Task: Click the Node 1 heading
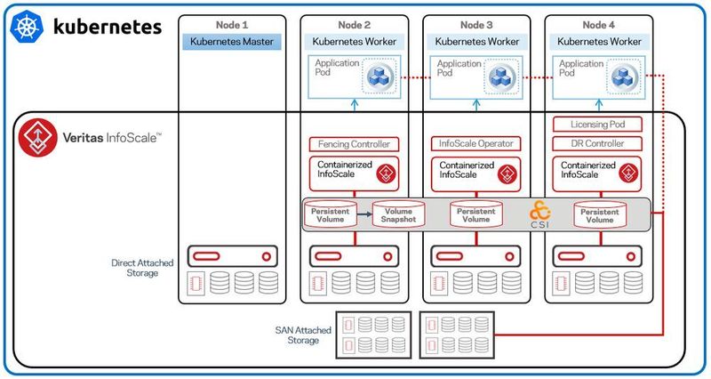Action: pos(233,23)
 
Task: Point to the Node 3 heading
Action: pos(475,23)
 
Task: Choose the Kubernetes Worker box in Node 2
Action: pos(354,41)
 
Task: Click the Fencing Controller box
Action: pos(354,143)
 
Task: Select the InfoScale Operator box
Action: pos(475,143)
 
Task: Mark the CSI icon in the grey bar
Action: pos(540,214)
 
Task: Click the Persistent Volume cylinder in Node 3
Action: pos(475,214)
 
